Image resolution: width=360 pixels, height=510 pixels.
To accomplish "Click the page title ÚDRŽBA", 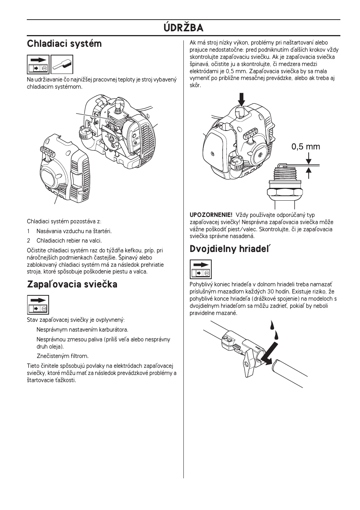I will coord(183,28).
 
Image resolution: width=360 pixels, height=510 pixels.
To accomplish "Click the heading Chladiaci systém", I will coord(64,44).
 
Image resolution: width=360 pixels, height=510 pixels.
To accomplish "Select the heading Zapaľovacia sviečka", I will coord(72,284).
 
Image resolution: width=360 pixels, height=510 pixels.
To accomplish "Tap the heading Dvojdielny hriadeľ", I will coord(230,249).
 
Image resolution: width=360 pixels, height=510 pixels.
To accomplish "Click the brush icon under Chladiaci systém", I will coord(62,65).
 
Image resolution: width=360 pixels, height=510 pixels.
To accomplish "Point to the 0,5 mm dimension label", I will coord(305,147).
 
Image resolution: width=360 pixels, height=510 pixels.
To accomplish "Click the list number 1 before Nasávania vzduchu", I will coord(28,231).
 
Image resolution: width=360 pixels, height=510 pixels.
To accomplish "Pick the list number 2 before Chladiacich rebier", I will coord(28,241).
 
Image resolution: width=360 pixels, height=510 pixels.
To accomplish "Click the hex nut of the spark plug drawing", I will coord(285,192).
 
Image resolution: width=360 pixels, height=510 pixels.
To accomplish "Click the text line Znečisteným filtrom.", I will coord(63,356).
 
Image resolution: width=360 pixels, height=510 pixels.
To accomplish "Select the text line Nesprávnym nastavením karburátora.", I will coord(82,330).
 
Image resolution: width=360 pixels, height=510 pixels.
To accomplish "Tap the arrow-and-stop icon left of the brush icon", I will coord(38,65).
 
